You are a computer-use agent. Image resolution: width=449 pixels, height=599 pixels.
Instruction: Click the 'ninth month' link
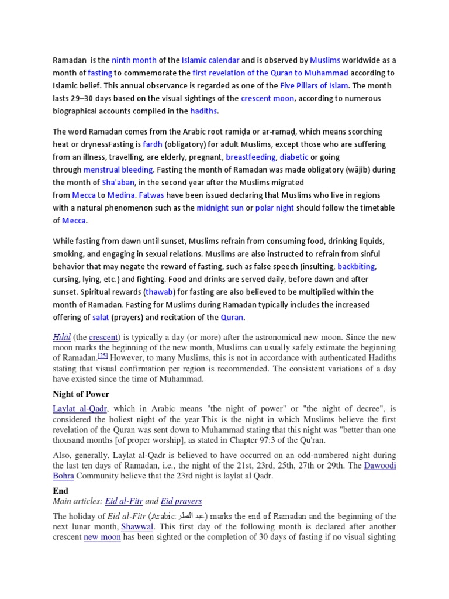tap(134, 60)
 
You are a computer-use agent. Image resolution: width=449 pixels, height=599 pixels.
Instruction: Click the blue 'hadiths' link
tap(203, 111)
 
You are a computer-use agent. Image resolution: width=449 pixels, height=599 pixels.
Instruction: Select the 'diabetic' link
tap(294, 157)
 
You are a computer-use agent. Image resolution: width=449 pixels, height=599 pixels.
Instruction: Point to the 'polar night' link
tap(274, 208)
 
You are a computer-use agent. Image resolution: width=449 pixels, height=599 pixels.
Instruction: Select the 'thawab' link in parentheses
tap(159, 291)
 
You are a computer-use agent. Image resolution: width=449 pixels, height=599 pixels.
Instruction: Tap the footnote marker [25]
tap(103, 355)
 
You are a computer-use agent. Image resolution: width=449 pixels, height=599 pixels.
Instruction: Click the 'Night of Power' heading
tap(82, 393)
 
